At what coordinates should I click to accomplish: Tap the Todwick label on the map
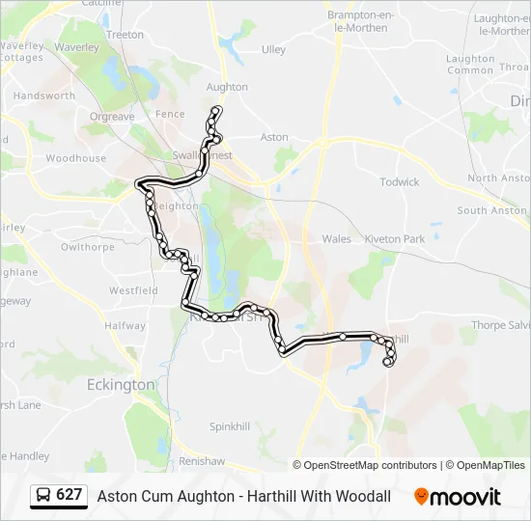400,181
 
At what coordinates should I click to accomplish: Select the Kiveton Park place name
395,239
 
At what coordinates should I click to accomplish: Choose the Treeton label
125,35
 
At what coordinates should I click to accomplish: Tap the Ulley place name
273,49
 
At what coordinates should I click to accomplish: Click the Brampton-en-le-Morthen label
357,21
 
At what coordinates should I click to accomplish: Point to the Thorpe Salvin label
501,326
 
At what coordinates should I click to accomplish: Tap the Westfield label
133,290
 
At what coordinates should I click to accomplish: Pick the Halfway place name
125,326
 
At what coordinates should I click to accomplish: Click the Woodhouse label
76,158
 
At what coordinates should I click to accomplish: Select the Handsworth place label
44,96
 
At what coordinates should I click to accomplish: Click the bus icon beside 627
43,496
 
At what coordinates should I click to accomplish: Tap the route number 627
70,495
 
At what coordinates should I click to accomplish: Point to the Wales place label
337,239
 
